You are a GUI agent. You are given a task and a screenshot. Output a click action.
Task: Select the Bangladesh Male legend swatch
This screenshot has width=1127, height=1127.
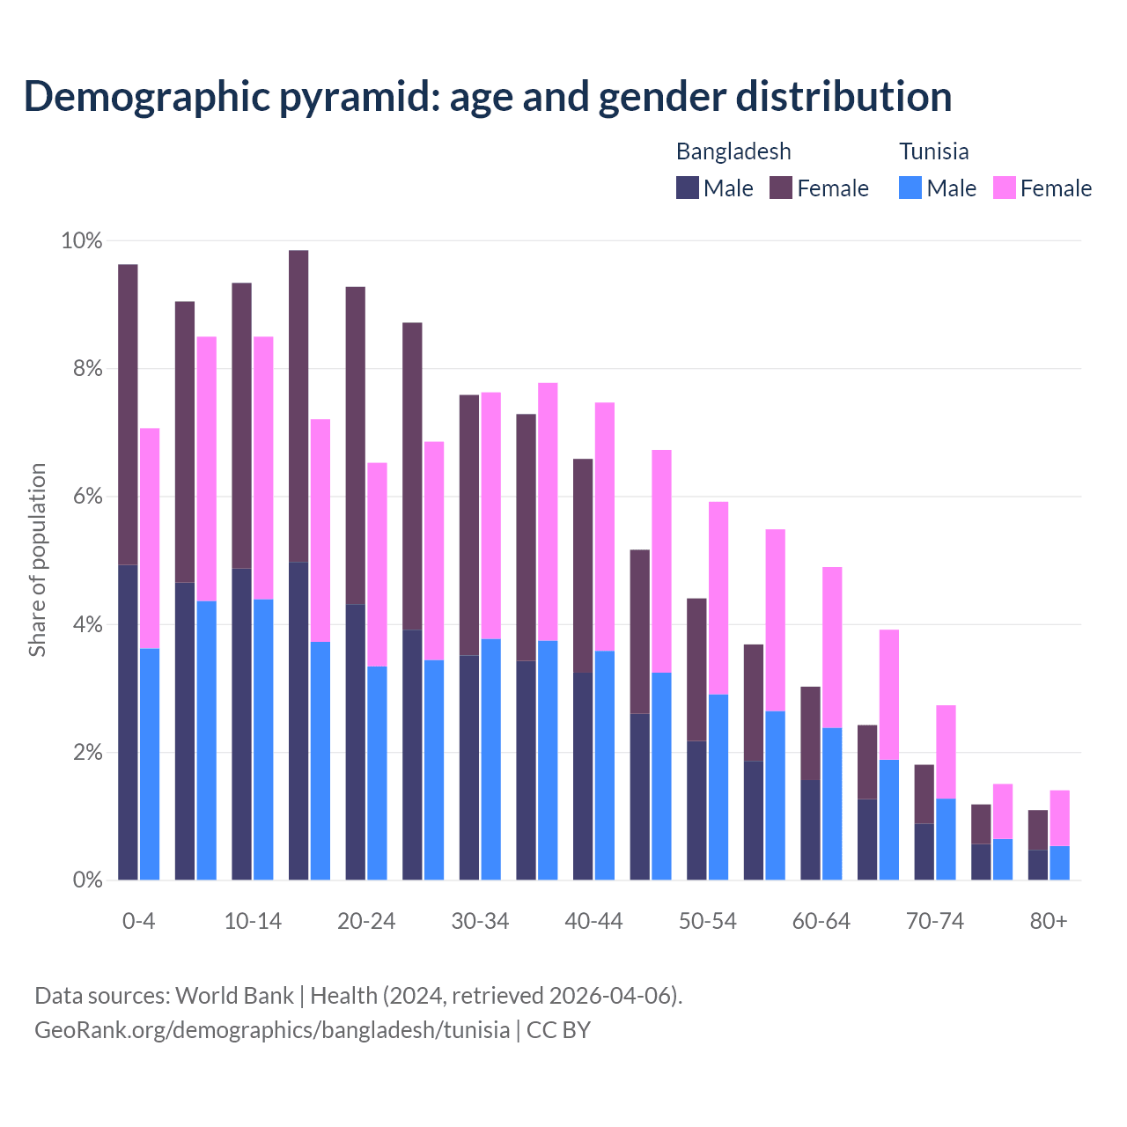pos(688,188)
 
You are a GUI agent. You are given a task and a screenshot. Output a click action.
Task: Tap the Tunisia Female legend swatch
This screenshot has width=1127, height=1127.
pos(1004,188)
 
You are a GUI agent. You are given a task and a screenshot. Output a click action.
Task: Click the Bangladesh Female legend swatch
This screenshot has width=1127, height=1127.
pos(781,188)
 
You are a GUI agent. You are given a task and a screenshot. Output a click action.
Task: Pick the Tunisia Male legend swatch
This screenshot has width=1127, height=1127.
pos(910,188)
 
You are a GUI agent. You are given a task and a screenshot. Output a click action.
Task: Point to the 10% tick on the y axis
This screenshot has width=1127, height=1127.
pos(82,240)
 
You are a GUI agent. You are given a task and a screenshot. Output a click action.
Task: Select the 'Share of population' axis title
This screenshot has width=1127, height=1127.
pos(37,560)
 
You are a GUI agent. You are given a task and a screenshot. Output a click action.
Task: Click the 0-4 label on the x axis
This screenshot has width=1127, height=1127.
pos(138,921)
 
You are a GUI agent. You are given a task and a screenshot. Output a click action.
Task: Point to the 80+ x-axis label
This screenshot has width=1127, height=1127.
pos(1049,921)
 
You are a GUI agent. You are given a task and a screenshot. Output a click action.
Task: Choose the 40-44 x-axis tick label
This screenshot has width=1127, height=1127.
pos(593,921)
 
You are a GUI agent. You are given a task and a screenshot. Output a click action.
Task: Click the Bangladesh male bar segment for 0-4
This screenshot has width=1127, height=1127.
pos(128,722)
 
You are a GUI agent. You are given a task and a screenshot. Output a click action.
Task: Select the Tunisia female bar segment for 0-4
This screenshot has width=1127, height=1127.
pos(150,538)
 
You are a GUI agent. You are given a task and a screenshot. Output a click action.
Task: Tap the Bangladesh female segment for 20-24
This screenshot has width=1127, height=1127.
pos(356,446)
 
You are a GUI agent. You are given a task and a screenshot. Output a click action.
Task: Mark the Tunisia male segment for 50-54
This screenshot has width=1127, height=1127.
pos(718,787)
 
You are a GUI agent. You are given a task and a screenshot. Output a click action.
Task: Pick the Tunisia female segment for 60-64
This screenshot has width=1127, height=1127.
pos(832,647)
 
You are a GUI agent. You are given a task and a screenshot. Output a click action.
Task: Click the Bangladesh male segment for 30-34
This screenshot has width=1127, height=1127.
pos(469,767)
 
